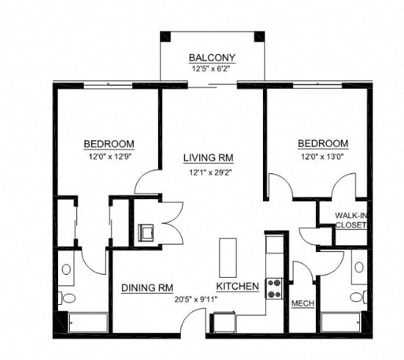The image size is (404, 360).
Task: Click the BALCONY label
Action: click(212, 57)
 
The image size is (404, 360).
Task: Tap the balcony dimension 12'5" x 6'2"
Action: click(212, 70)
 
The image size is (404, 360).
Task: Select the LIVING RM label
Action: click(209, 158)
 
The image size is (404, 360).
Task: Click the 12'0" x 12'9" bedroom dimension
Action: click(108, 156)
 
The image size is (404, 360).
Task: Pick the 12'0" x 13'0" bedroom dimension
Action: click(322, 156)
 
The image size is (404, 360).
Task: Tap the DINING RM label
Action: click(147, 288)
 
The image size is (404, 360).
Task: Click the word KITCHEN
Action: click(237, 287)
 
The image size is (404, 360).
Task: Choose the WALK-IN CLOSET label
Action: click(350, 220)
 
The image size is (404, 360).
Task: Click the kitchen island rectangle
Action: click(228, 256)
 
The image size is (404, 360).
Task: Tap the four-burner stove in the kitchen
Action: click(274, 287)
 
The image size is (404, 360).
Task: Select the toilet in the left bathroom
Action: click(67, 298)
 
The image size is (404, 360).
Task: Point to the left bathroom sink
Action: click(66, 269)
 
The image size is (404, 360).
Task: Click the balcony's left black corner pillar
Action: click(166, 36)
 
